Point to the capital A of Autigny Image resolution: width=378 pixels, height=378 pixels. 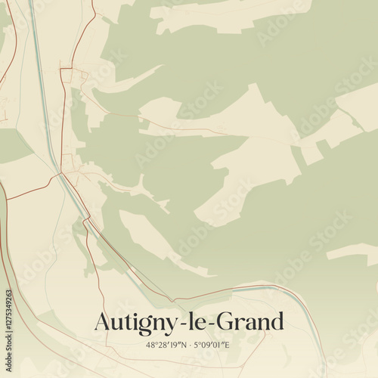[102, 321]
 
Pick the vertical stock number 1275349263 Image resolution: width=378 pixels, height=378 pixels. [9, 317]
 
